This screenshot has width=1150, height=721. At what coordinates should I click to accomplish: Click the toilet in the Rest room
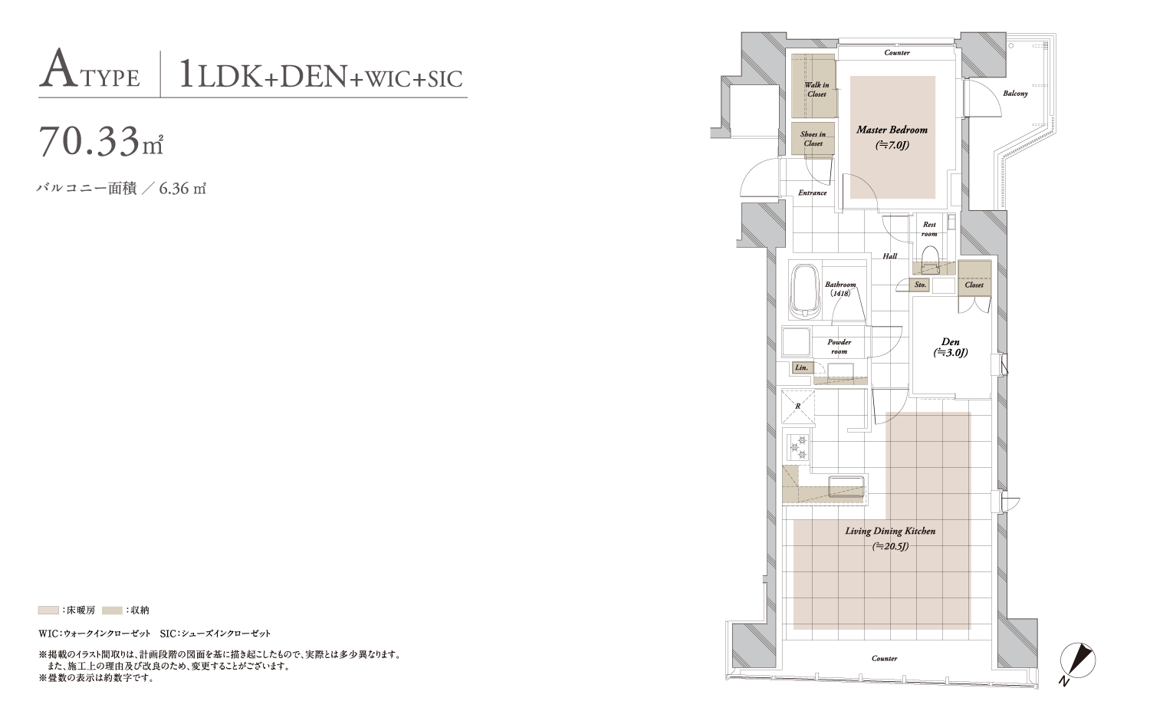[x=930, y=260]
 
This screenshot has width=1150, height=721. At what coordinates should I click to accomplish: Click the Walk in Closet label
[x=816, y=90]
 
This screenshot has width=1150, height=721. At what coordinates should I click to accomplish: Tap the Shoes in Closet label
[x=813, y=139]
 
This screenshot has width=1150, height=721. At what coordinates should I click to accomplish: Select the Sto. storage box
[x=920, y=285]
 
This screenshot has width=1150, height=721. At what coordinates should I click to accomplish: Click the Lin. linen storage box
[x=801, y=367]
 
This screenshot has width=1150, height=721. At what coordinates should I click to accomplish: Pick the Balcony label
[x=1016, y=94]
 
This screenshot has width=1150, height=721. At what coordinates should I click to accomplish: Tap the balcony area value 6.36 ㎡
[x=182, y=189]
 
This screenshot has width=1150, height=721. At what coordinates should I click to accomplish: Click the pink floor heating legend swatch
[x=48, y=610]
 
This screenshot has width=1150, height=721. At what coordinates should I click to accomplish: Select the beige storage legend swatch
[x=113, y=610]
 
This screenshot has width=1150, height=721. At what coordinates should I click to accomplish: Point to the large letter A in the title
[x=54, y=67]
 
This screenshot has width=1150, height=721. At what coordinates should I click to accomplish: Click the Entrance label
[x=812, y=193]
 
